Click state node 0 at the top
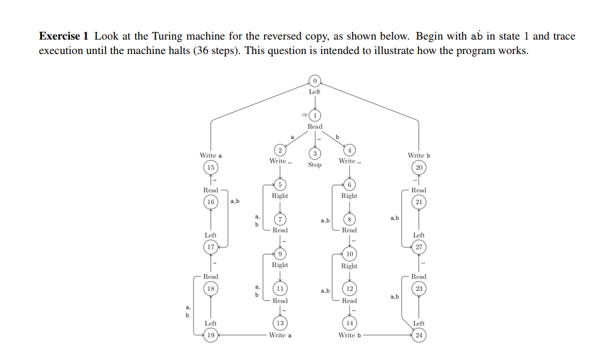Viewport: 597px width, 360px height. tap(315, 80)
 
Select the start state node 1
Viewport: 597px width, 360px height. tap(315, 115)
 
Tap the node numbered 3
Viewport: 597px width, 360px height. tap(315, 153)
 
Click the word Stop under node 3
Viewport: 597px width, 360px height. tap(315, 165)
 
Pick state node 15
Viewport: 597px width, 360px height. tap(211, 167)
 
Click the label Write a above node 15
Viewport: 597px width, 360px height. tap(211, 155)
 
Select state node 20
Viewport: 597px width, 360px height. tap(419, 167)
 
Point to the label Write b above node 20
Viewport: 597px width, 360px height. tap(419, 155)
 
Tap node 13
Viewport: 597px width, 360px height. tap(280, 323)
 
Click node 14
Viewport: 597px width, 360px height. tap(349, 323)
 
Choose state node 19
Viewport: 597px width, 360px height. tap(211, 335)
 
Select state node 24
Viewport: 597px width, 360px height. tap(419, 335)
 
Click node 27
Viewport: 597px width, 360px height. tap(419, 247)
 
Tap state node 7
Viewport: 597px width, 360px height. tap(280, 219)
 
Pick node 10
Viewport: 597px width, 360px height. tap(349, 254)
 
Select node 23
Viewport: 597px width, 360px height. tap(419, 288)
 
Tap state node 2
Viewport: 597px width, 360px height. tap(280, 150)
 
